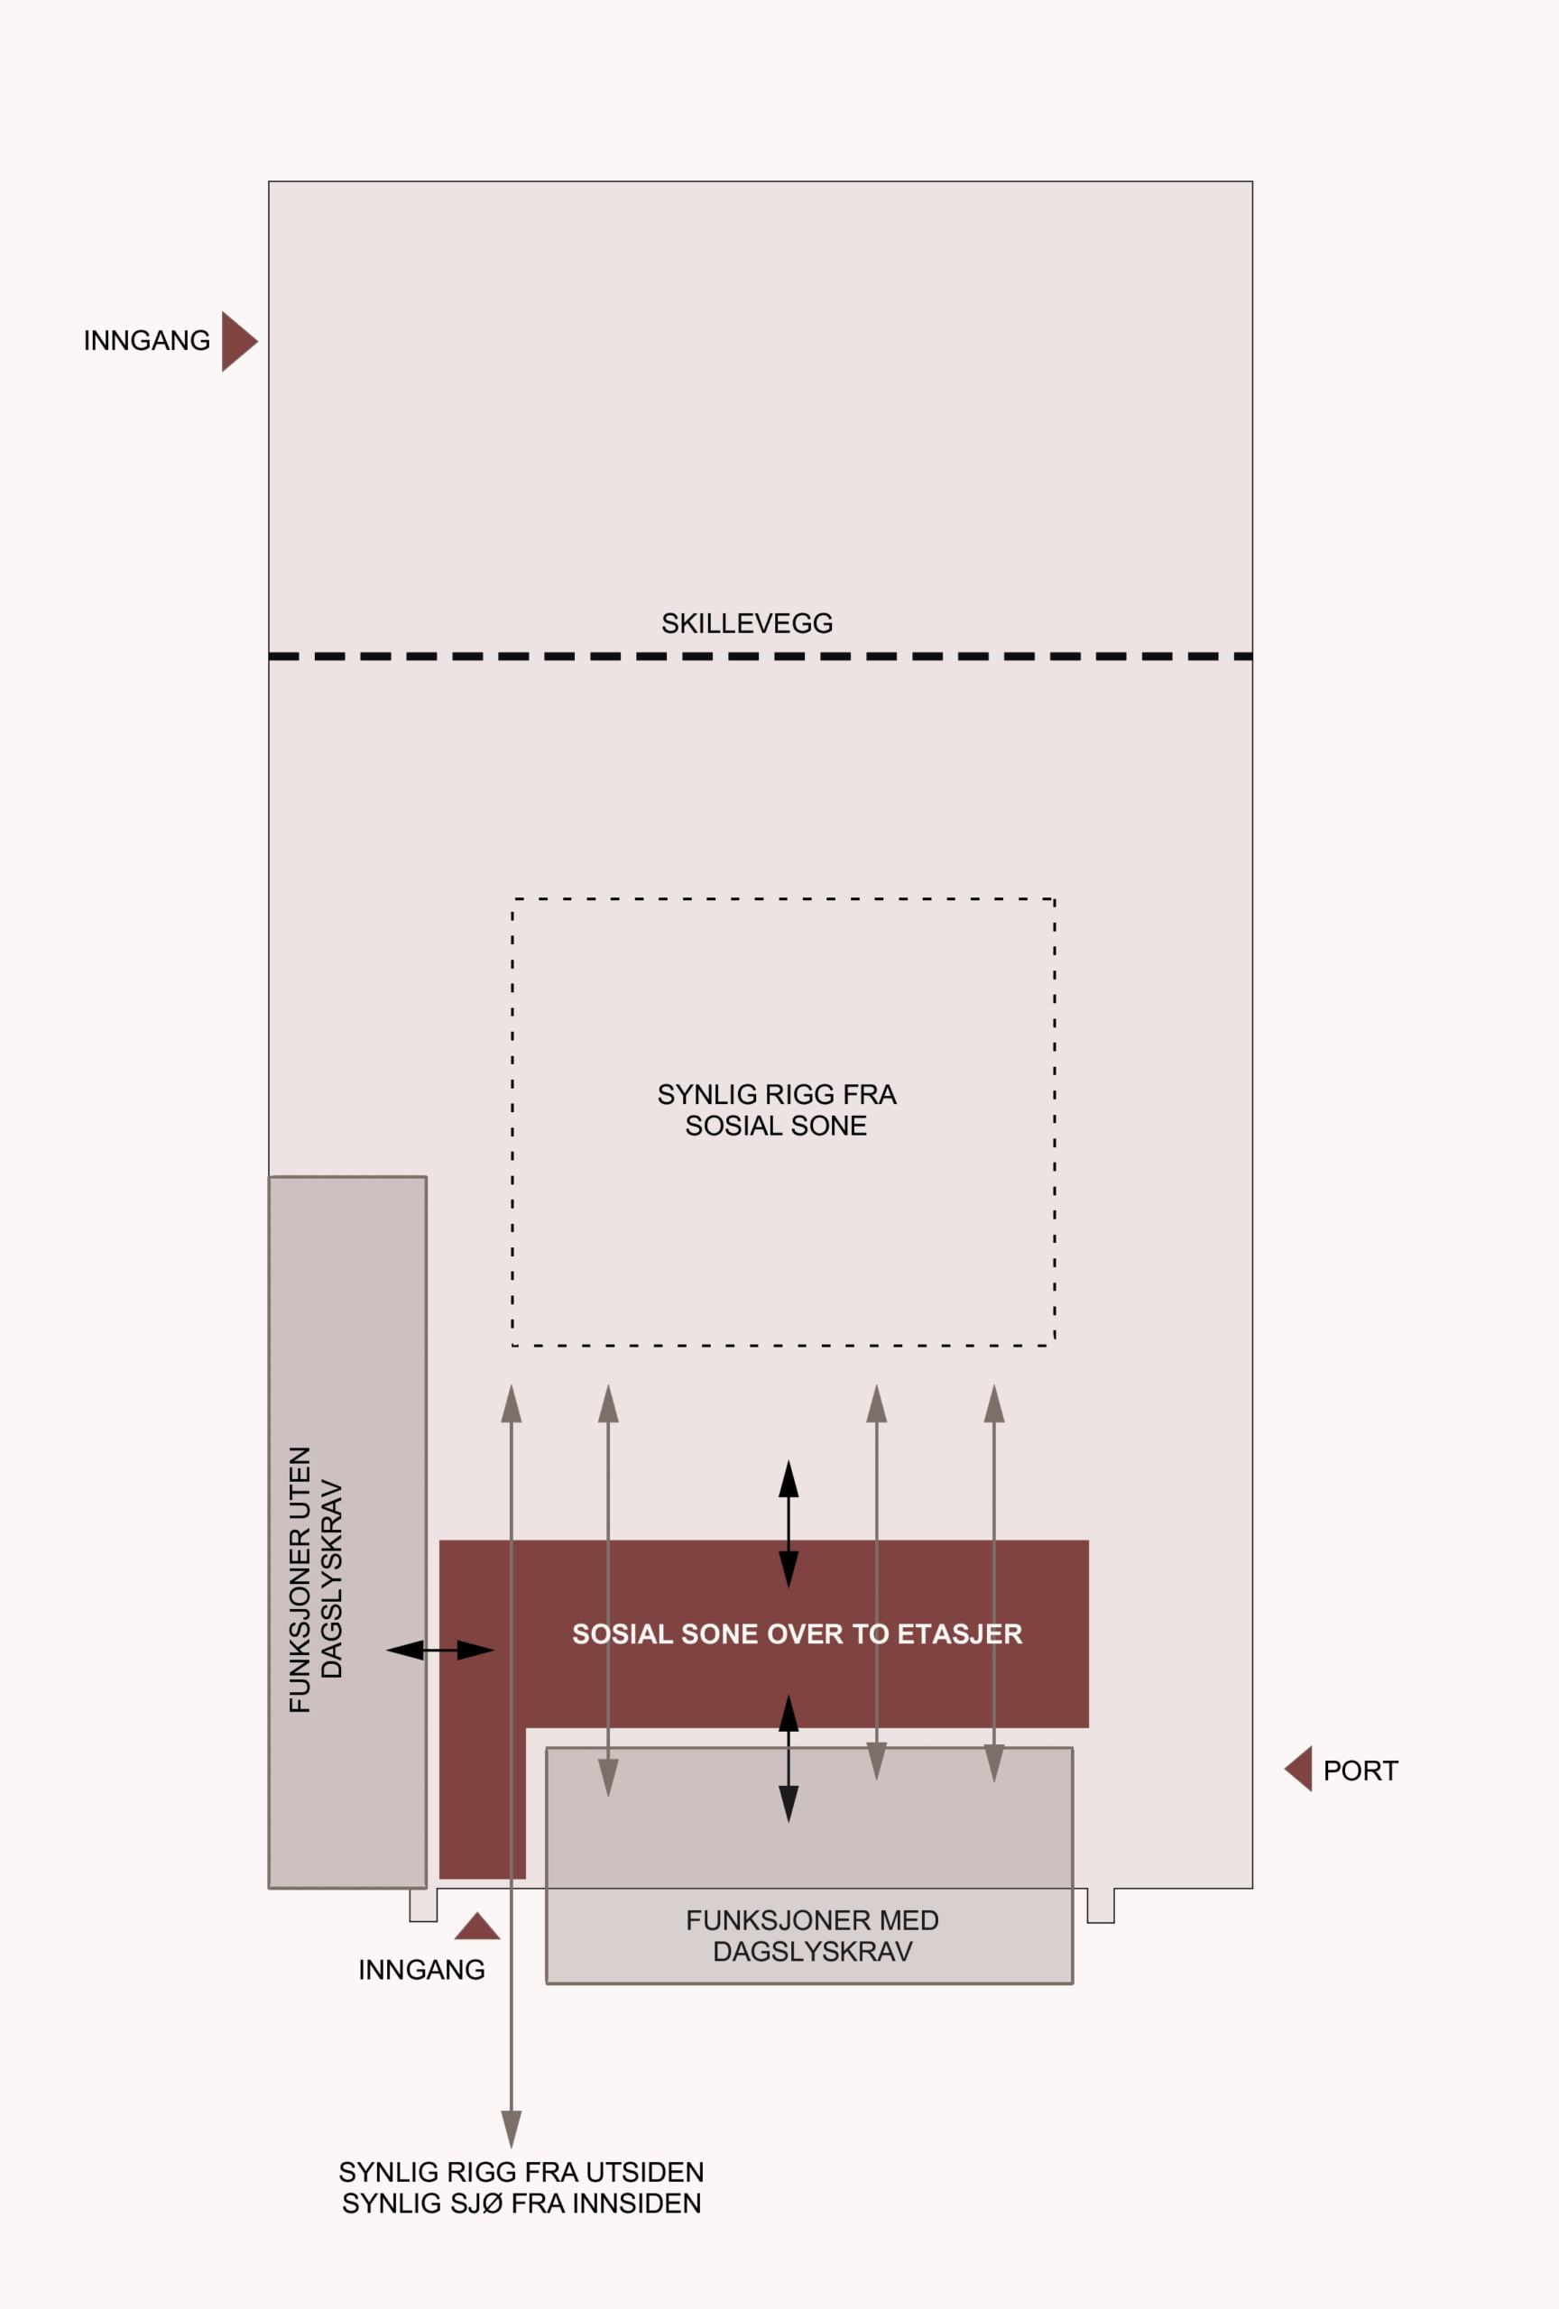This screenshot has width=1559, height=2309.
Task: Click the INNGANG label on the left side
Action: pyautogui.click(x=147, y=341)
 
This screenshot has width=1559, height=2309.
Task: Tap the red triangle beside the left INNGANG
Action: pyautogui.click(x=238, y=341)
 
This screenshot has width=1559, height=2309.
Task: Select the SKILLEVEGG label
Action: pyautogui.click(x=747, y=623)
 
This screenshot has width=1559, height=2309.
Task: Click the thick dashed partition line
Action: pyautogui.click(x=761, y=656)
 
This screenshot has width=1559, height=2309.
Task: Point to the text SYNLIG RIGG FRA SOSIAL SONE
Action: pyautogui.click(x=777, y=1109)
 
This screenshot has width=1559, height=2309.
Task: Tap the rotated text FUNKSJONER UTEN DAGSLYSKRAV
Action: pyautogui.click(x=316, y=1578)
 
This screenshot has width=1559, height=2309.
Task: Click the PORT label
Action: pyautogui.click(x=1361, y=1771)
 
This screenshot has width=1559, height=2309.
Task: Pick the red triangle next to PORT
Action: pyautogui.click(x=1300, y=1769)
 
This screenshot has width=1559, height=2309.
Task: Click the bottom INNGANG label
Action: pyautogui.click(x=421, y=1969)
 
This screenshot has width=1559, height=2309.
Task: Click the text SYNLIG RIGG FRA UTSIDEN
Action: pyautogui.click(x=521, y=2172)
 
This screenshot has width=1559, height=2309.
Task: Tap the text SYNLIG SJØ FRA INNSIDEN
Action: pyautogui.click(x=521, y=2203)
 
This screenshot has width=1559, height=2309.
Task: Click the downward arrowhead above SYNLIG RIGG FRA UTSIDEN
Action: pyautogui.click(x=512, y=2130)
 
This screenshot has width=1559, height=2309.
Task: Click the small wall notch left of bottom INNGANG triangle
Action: pyautogui.click(x=423, y=1905)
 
